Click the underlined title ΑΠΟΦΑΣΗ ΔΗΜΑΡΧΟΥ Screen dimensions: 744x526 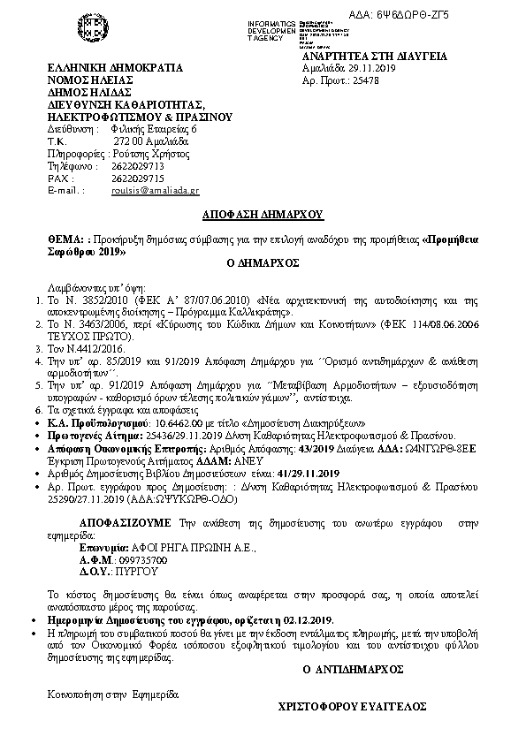click(263, 215)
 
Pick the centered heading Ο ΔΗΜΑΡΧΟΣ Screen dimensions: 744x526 click(263, 263)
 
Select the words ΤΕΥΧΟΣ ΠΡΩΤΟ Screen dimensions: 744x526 click(93, 336)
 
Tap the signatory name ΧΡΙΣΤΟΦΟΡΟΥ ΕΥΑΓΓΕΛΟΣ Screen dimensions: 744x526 click(353, 707)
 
